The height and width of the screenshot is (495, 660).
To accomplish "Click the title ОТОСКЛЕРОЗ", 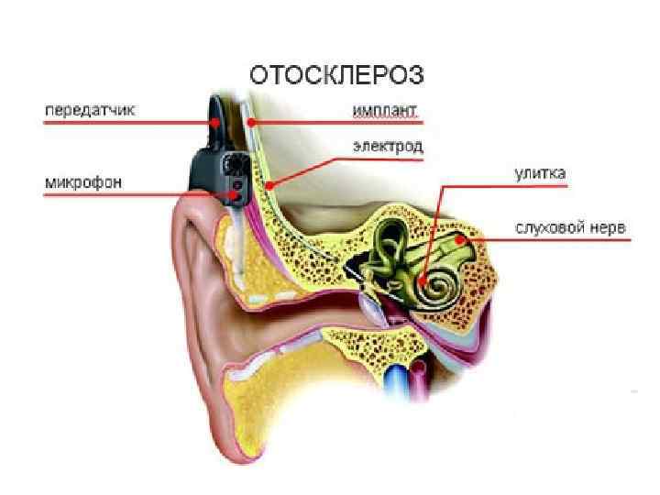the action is (337, 74).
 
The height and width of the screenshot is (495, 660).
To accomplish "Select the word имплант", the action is (386, 111).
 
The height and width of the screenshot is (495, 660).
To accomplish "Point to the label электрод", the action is (388, 147).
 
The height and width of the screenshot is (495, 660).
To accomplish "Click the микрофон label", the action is (83, 181).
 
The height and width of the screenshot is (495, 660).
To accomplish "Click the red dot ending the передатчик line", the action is (214, 121).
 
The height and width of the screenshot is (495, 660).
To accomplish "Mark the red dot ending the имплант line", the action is (249, 121).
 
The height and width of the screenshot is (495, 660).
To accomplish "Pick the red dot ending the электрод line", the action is (269, 185).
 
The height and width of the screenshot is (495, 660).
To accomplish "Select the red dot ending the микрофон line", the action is (237, 194).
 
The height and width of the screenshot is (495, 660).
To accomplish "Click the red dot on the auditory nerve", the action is (457, 241).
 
